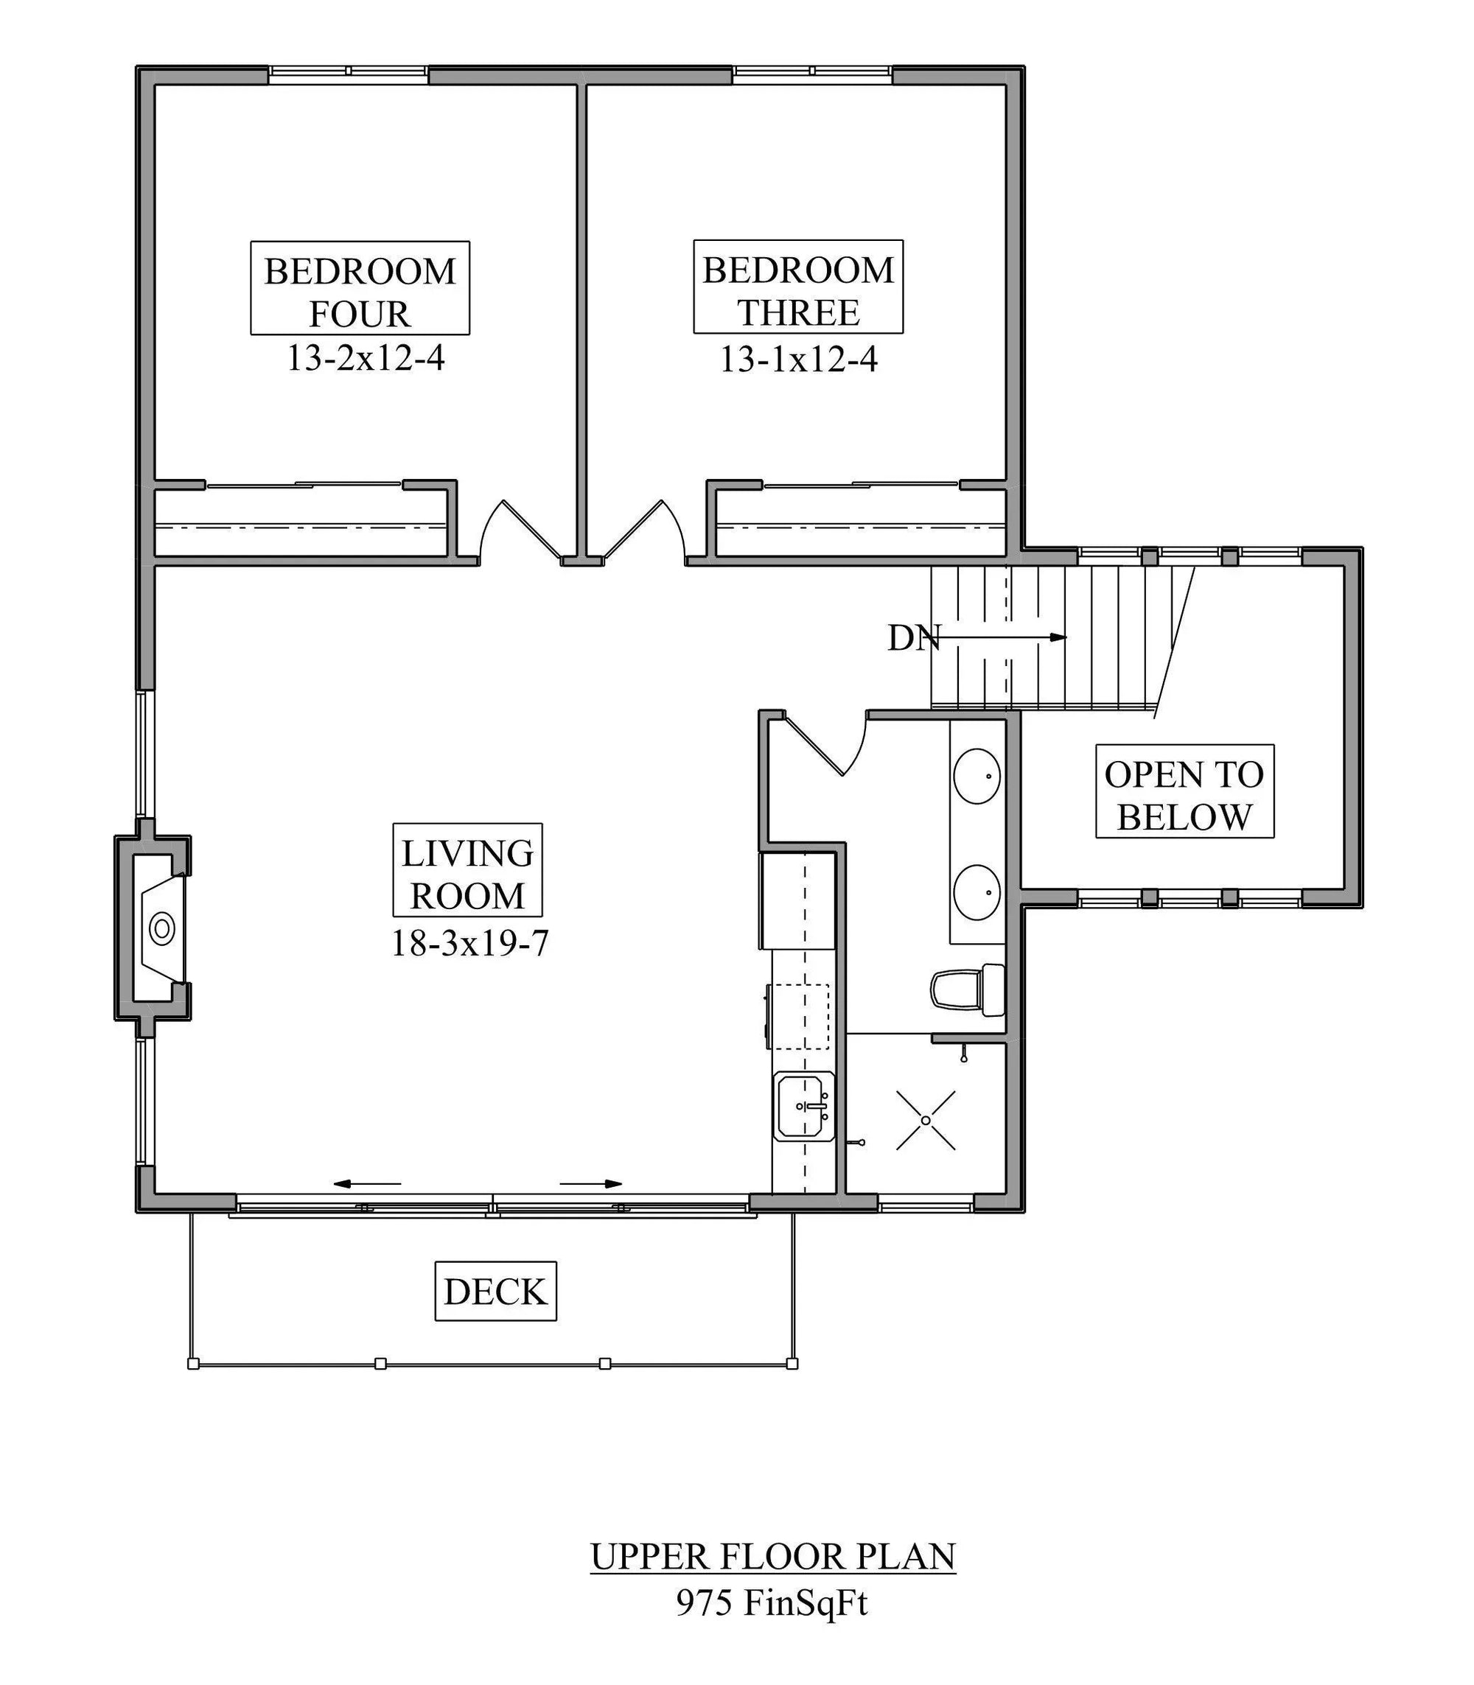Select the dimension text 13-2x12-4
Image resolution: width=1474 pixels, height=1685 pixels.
coord(366,359)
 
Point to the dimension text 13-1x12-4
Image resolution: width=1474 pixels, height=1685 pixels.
coord(799,360)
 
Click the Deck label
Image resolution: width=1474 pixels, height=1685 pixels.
coord(495,1291)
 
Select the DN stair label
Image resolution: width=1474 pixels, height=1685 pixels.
coord(913,638)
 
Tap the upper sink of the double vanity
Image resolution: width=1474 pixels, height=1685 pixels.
coord(977,776)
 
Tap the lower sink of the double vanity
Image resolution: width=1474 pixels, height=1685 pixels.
coord(977,891)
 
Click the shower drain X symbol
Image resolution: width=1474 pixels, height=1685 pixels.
coord(926,1120)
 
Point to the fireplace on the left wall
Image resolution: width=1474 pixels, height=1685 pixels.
coord(158,928)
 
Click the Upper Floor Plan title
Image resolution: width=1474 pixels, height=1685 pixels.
coord(773,1557)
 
